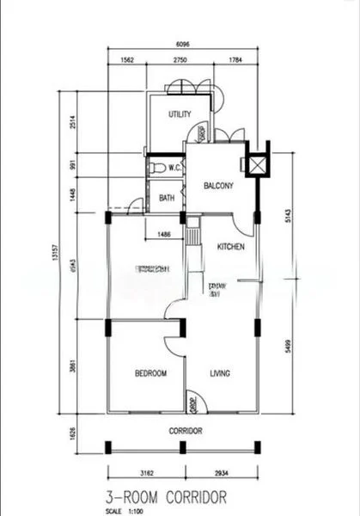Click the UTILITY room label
click(180, 114)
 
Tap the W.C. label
click(173, 168)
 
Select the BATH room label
click(168, 198)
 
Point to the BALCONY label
click(219, 186)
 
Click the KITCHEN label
click(230, 247)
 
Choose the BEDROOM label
click(150, 373)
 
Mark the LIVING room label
click(220, 373)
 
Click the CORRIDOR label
click(185, 430)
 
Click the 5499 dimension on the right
click(289, 347)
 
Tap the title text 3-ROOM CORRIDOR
click(167, 496)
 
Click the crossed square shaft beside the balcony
click(256, 164)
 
